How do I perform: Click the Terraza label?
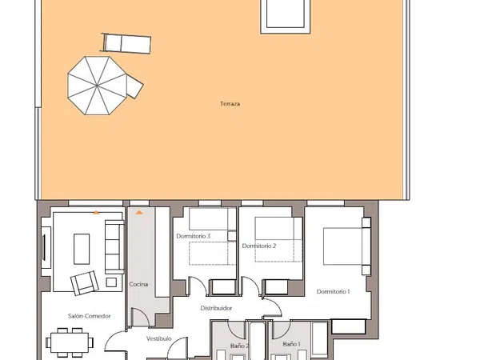click(230, 104)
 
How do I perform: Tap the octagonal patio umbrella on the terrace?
click(97, 86)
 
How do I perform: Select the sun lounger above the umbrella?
click(126, 43)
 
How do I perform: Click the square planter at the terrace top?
click(286, 16)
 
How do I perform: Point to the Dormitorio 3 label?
click(193, 236)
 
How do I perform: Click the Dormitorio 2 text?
click(259, 246)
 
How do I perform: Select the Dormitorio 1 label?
click(333, 292)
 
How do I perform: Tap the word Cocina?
click(138, 284)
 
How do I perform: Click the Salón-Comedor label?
click(89, 316)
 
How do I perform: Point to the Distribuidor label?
click(216, 308)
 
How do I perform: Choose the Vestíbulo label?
click(159, 338)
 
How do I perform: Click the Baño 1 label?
click(291, 344)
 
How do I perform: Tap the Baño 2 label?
click(239, 346)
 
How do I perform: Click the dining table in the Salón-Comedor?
click(70, 342)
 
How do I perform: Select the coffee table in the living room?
click(82, 249)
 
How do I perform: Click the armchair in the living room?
click(85, 282)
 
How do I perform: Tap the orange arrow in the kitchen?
click(139, 212)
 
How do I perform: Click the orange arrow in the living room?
click(96, 212)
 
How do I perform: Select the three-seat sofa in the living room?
click(114, 246)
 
